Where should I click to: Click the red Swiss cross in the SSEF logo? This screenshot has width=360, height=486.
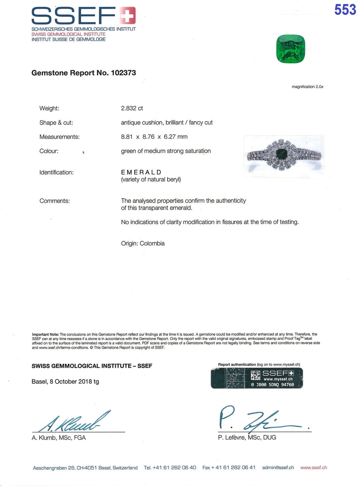128,16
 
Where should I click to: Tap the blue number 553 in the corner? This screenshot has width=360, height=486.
345,10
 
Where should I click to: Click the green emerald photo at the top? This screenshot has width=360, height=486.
291,49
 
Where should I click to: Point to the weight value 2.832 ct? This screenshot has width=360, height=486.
132,108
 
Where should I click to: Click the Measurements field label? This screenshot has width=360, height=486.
59,137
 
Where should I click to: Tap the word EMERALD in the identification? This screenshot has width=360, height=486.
141,172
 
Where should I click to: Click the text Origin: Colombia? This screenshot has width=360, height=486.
143,244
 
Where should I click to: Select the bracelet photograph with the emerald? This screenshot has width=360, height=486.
284,156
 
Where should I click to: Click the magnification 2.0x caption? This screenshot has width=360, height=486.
307,87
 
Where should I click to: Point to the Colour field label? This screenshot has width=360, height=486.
49,151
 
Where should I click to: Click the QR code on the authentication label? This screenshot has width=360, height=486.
256,375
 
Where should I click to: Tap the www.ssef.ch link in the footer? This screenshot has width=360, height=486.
313,468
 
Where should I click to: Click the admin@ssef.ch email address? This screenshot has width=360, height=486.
278,468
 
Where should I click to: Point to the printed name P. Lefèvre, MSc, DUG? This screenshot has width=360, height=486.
247,438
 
